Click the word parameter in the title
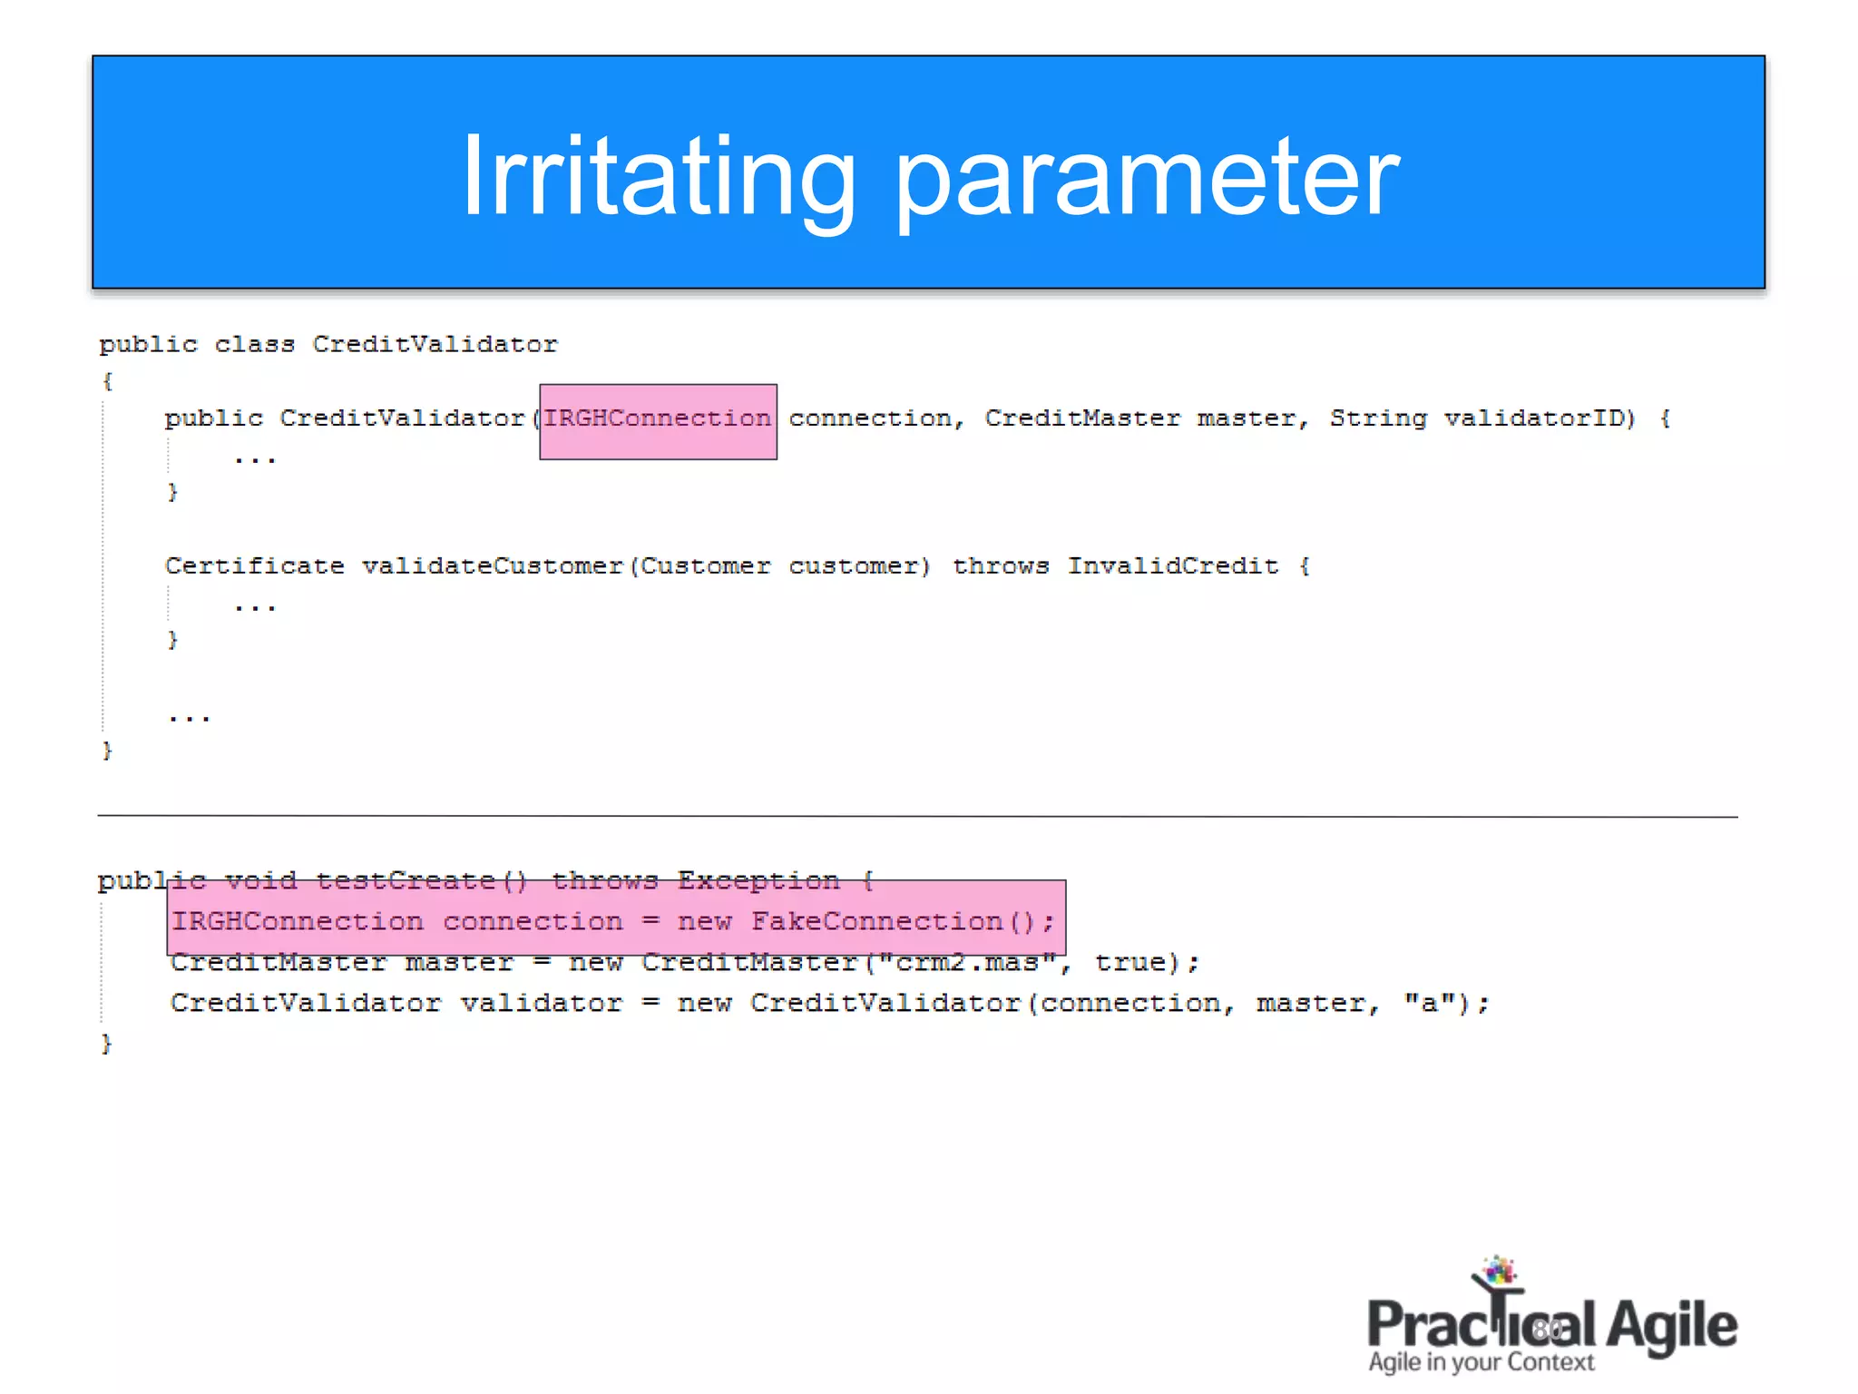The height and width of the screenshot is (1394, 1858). [x=1147, y=178]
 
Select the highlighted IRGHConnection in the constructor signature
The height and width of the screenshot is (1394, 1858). [x=657, y=418]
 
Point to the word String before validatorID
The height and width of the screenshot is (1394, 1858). [x=1377, y=418]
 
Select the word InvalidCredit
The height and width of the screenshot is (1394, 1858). [x=1172, y=566]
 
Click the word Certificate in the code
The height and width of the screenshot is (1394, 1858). [x=254, y=566]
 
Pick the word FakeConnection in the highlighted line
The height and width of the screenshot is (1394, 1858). [x=876, y=922]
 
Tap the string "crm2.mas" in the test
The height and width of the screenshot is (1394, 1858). [x=967, y=963]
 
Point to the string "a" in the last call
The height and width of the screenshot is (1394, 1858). [x=1429, y=1004]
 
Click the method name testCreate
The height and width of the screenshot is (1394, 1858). [x=405, y=881]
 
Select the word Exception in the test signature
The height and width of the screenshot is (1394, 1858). [x=758, y=881]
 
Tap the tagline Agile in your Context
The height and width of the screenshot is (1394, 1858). [x=1481, y=1363]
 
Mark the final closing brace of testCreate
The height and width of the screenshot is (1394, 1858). [x=106, y=1044]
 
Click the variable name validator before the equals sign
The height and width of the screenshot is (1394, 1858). [x=541, y=1004]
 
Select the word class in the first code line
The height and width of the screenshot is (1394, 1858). [x=254, y=345]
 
